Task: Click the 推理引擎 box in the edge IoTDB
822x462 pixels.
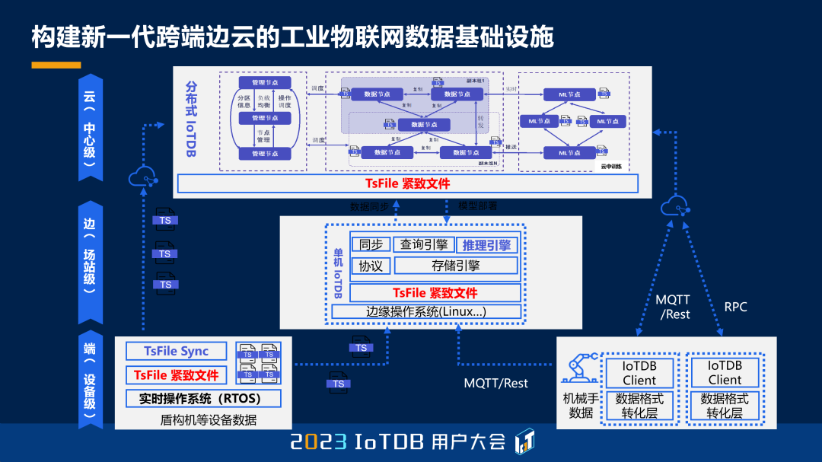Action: click(486, 245)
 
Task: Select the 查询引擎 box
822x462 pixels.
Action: click(423, 244)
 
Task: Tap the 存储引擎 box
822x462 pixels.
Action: click(455, 266)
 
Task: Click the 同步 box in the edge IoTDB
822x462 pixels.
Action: click(371, 244)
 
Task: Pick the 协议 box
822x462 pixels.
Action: click(371, 266)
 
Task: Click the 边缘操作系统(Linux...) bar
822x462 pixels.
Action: click(425, 311)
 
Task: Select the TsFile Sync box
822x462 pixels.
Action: click(176, 351)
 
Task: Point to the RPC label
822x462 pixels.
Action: click(735, 307)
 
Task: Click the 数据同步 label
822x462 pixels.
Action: click(369, 206)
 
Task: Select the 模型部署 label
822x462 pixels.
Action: click(477, 206)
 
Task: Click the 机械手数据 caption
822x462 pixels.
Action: click(580, 405)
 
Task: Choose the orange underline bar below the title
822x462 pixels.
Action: click(56, 65)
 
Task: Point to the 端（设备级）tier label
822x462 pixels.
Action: click(90, 381)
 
